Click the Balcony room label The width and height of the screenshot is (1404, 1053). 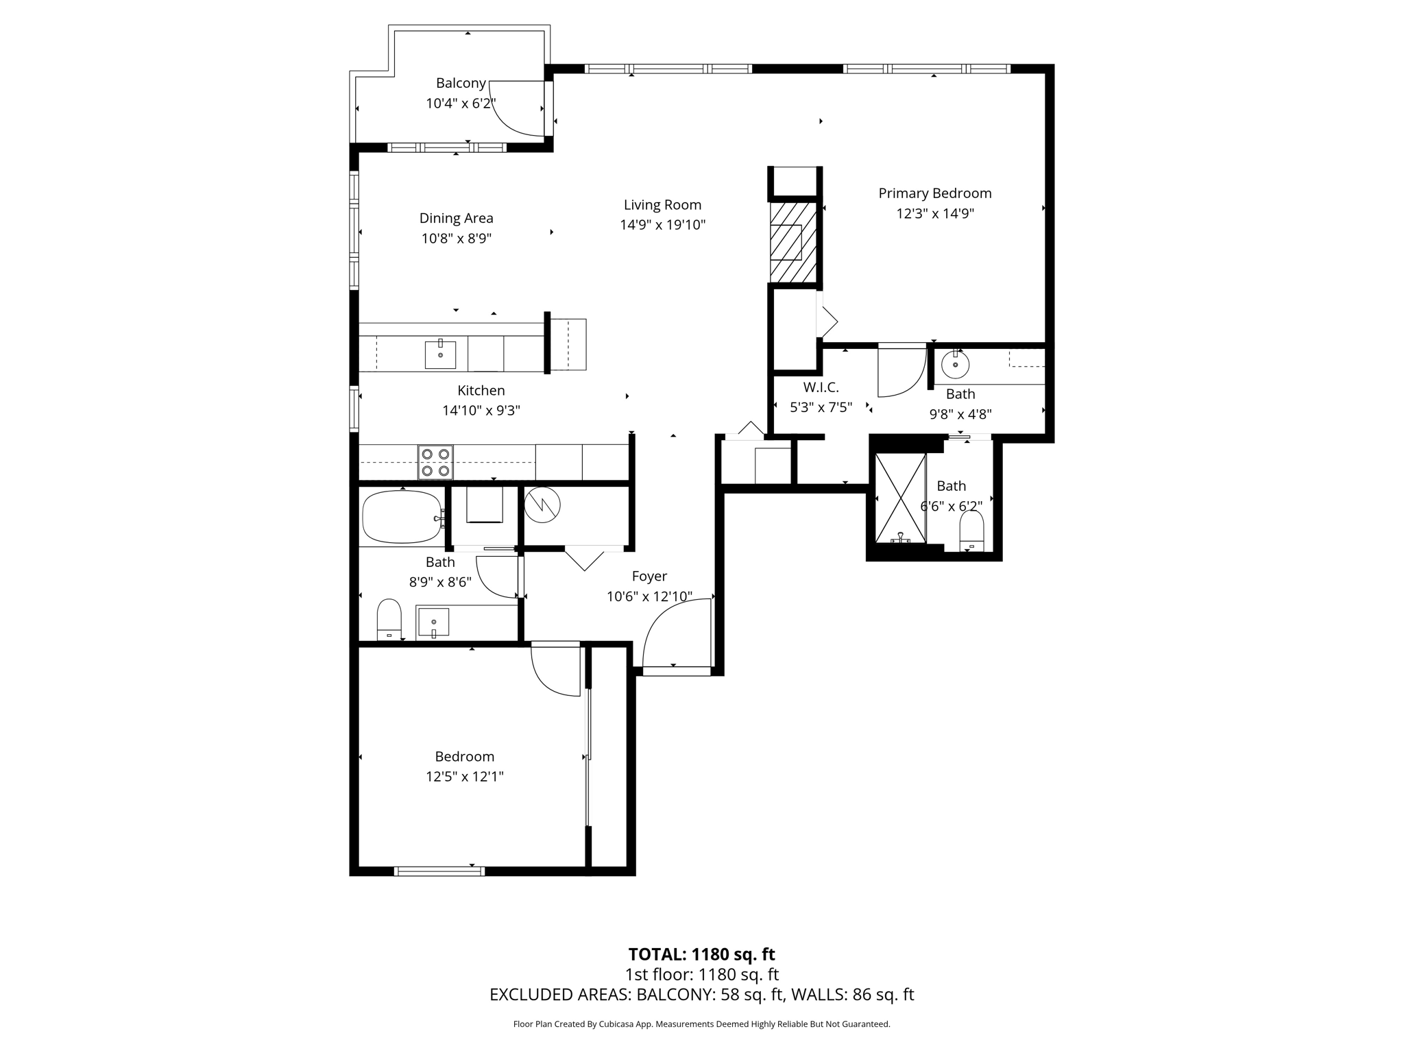tap(461, 83)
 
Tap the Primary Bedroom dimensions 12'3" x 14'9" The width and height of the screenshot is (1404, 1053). tap(934, 213)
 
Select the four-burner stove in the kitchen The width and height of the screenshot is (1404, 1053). tap(435, 462)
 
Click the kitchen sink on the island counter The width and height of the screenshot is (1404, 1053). tap(440, 354)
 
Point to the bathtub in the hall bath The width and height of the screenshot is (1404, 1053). tap(402, 517)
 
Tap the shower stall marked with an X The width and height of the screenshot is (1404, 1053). tap(901, 496)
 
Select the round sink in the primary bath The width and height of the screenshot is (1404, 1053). tap(955, 365)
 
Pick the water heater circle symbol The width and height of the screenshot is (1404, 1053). tap(542, 506)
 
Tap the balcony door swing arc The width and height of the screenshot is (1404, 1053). tap(516, 110)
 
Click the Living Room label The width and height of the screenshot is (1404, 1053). tap(662, 204)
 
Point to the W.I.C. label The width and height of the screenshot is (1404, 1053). tap(821, 387)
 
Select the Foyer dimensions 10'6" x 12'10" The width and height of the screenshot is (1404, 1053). tap(649, 596)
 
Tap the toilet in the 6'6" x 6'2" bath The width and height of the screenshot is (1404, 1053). tap(971, 531)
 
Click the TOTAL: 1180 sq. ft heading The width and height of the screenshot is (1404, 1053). tap(701, 954)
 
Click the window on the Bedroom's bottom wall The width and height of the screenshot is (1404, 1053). tap(439, 871)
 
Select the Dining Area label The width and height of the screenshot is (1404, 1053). tap(456, 218)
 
